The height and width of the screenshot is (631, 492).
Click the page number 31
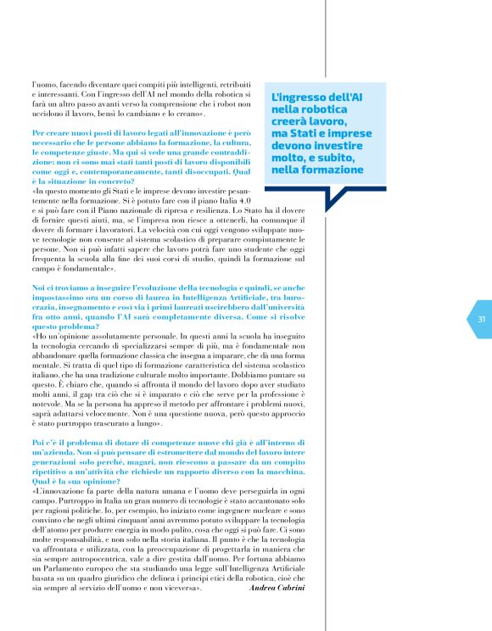point(457,319)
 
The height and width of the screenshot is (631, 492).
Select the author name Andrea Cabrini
point(276,587)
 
